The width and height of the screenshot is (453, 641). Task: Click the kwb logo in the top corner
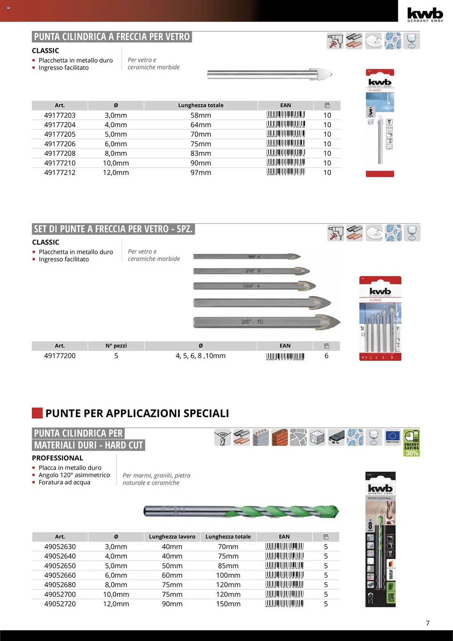click(x=425, y=14)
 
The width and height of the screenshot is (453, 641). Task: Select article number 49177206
click(x=60, y=144)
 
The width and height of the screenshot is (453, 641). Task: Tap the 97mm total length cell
click(x=201, y=172)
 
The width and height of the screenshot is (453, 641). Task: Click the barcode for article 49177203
click(x=285, y=115)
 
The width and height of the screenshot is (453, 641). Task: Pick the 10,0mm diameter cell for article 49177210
click(x=116, y=163)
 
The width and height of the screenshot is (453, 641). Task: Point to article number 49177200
click(x=60, y=356)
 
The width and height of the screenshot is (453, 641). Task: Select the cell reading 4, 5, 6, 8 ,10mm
click(x=201, y=356)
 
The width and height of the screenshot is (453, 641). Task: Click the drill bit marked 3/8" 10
click(x=266, y=322)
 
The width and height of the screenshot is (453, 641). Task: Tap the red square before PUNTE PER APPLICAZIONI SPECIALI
click(x=37, y=413)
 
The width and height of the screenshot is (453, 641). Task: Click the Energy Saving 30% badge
click(x=411, y=443)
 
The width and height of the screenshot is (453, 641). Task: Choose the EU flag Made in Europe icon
click(x=392, y=437)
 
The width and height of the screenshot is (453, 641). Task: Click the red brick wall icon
click(x=279, y=437)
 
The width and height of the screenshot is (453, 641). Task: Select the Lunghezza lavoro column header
click(x=172, y=537)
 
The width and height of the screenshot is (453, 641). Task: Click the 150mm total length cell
click(x=228, y=604)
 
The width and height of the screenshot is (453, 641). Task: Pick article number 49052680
click(x=60, y=585)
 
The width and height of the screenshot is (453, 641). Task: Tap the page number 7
click(x=427, y=623)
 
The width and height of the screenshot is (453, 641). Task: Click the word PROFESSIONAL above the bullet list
click(x=58, y=458)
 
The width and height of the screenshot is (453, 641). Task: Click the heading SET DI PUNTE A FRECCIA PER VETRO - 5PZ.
click(x=113, y=229)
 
